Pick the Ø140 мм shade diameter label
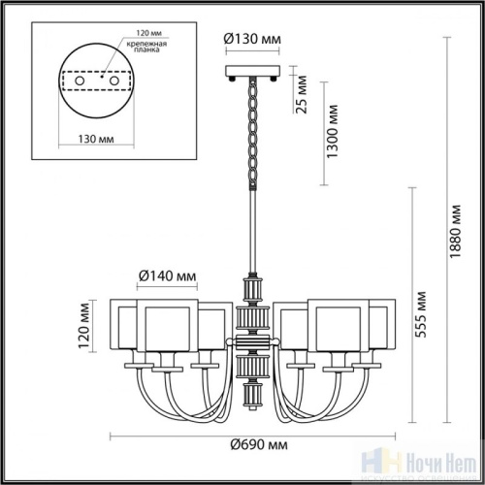point(171,276)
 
